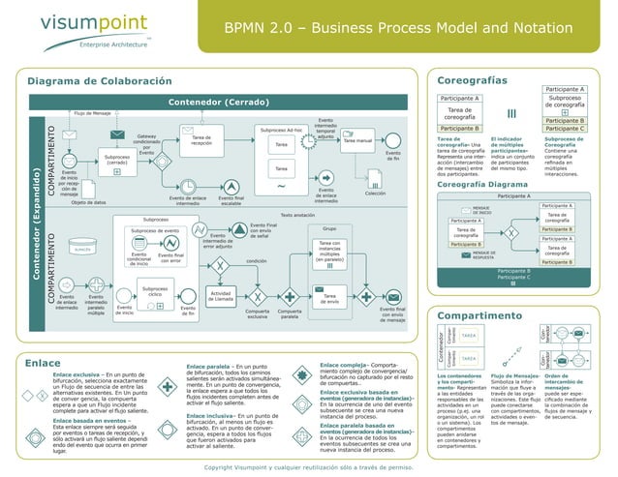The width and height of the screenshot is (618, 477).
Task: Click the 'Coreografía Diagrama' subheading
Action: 489,183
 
